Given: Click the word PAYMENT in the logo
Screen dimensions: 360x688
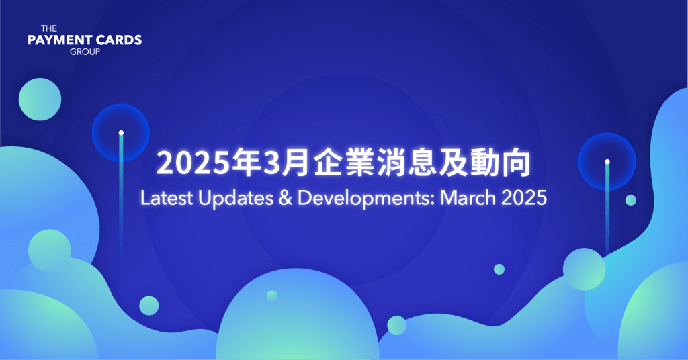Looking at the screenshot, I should tap(58, 40).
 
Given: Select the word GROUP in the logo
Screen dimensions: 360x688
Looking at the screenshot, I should tap(85, 51).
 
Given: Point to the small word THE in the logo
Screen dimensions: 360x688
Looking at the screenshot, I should tap(48, 28).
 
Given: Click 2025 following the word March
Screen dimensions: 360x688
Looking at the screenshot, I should tap(521, 198).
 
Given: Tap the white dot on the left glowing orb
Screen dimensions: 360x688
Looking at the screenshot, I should tap(121, 132).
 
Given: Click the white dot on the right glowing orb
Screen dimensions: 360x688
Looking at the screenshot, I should tap(607, 161).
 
